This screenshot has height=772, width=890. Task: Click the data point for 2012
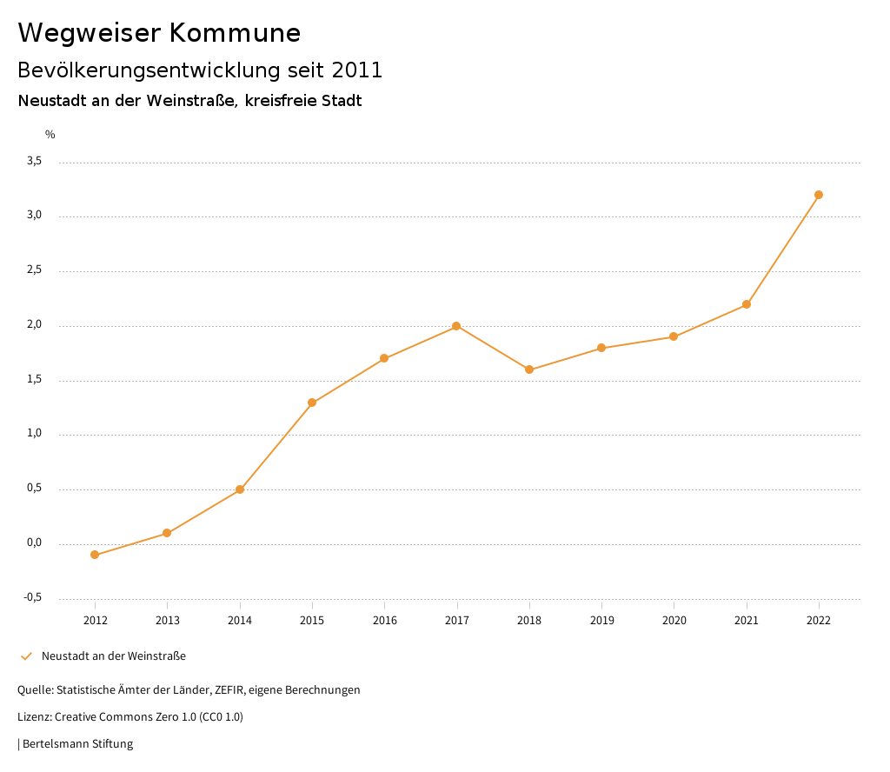click(x=95, y=555)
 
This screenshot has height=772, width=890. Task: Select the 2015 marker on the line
click(x=312, y=403)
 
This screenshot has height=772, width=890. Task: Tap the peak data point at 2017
click(x=456, y=326)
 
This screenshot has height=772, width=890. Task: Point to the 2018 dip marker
click(x=529, y=369)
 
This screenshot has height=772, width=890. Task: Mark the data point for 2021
click(x=747, y=304)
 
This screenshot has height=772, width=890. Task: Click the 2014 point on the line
click(x=240, y=489)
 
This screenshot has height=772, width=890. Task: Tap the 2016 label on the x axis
click(x=384, y=620)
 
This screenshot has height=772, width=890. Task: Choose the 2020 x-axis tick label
click(x=674, y=620)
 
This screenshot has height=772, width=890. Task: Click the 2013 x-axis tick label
click(x=168, y=620)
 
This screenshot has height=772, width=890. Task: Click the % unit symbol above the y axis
click(x=50, y=135)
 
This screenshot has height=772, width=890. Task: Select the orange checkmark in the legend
click(x=26, y=656)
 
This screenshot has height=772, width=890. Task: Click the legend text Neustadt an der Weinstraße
click(x=114, y=656)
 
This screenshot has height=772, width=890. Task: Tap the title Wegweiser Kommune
click(x=159, y=33)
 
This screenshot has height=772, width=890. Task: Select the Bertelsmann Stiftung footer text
click(x=77, y=744)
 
